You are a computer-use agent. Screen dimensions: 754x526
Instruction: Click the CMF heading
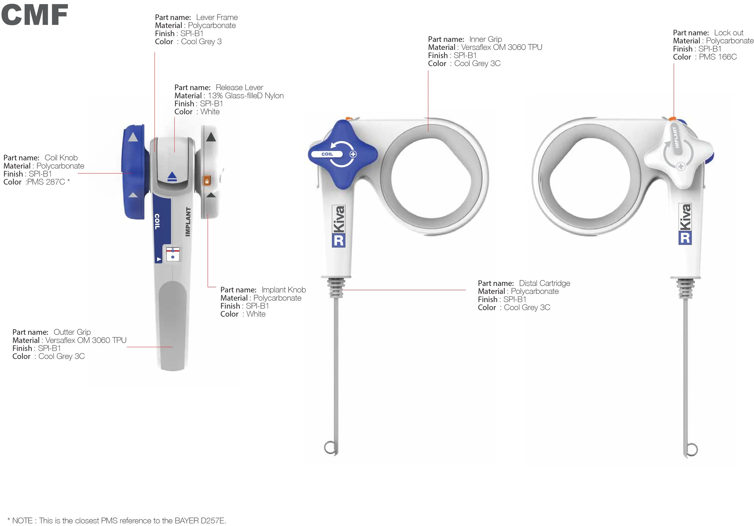[34, 15]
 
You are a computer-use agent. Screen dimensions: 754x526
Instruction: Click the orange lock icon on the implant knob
[207, 181]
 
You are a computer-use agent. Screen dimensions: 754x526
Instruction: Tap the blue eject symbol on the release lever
[172, 177]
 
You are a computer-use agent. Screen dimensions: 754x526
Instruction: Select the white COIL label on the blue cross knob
[327, 154]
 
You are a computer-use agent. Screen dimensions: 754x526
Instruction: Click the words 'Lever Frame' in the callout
[217, 17]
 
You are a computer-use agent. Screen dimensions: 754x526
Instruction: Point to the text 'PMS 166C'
[718, 57]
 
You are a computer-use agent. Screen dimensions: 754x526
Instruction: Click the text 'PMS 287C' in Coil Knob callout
[46, 182]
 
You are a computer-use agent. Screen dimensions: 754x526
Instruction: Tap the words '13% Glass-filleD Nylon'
[246, 96]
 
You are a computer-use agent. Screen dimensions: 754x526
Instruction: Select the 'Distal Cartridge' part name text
[544, 283]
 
